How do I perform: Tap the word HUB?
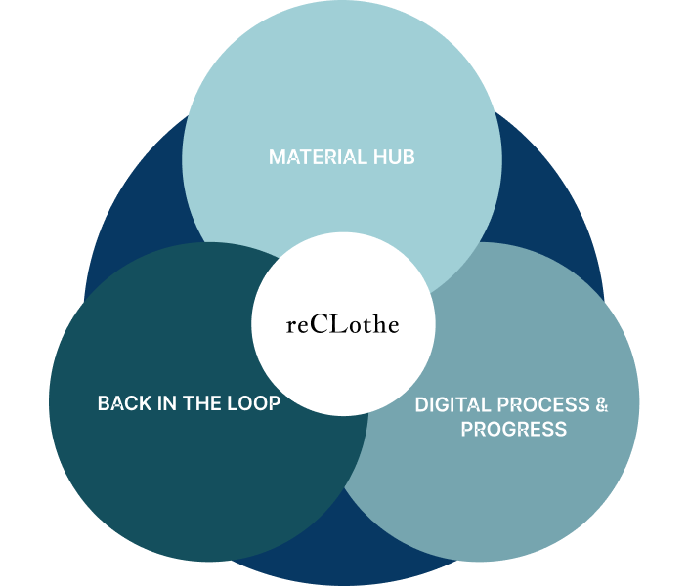[395, 157]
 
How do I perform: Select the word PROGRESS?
[514, 430]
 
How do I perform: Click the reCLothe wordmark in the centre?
[343, 325]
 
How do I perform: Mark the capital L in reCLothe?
[338, 325]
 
